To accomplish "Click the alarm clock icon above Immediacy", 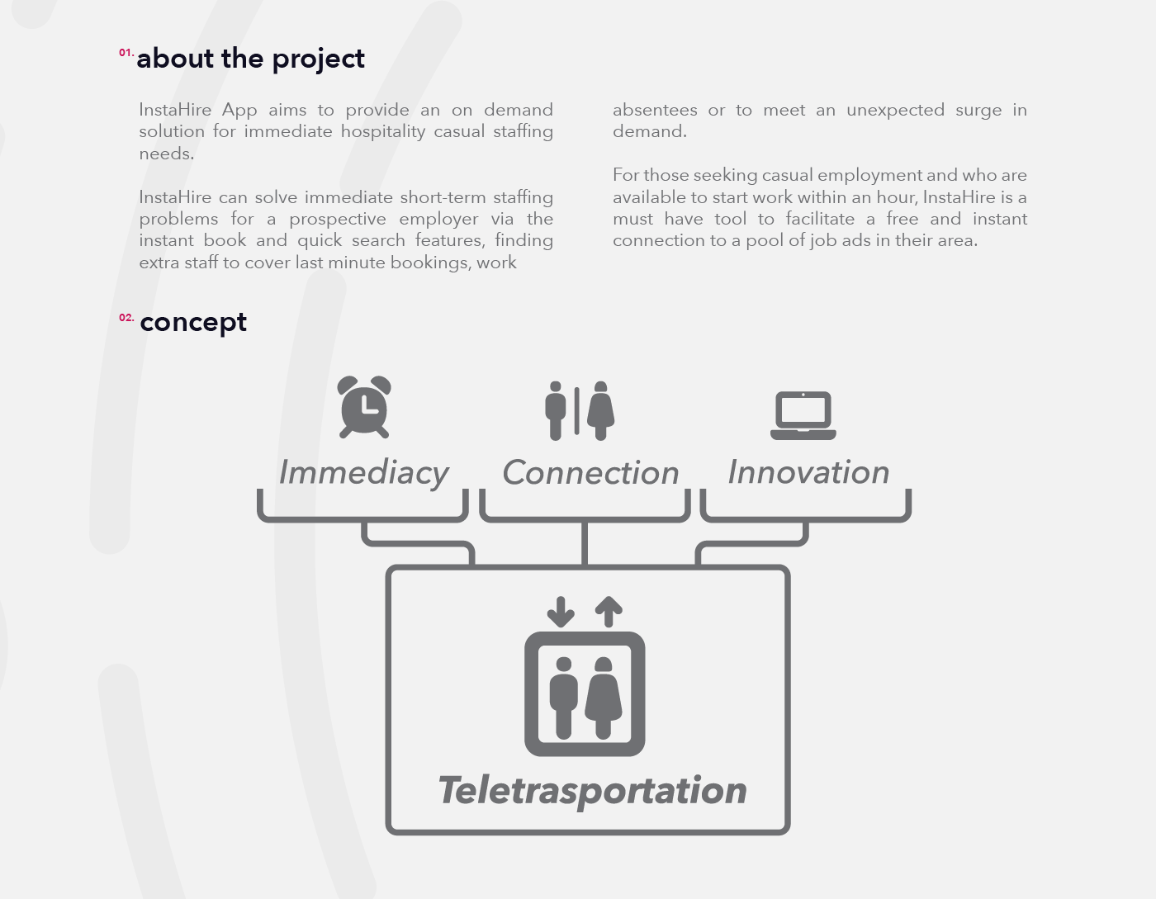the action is coord(364,407).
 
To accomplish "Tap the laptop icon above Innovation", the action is coord(803,415).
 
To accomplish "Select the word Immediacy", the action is coord(363,473).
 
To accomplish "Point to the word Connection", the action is coord(590,473).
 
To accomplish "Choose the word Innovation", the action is coord(808,472).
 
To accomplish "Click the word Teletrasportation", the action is coord(592,790).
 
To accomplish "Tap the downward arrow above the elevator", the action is coord(561,612).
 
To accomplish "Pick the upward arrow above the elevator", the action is coord(609,612).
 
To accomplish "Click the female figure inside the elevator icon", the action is coord(604,698).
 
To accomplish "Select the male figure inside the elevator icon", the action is coord(564,698).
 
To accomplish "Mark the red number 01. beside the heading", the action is coord(126,53).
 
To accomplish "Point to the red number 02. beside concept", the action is coord(126,318).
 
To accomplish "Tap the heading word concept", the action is coord(193,323).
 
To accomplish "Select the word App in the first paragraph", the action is coord(239,110).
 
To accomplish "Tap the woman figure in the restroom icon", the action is coord(600,410).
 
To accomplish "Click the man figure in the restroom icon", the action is coord(556,410).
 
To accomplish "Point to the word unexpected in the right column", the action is coord(895,110).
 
